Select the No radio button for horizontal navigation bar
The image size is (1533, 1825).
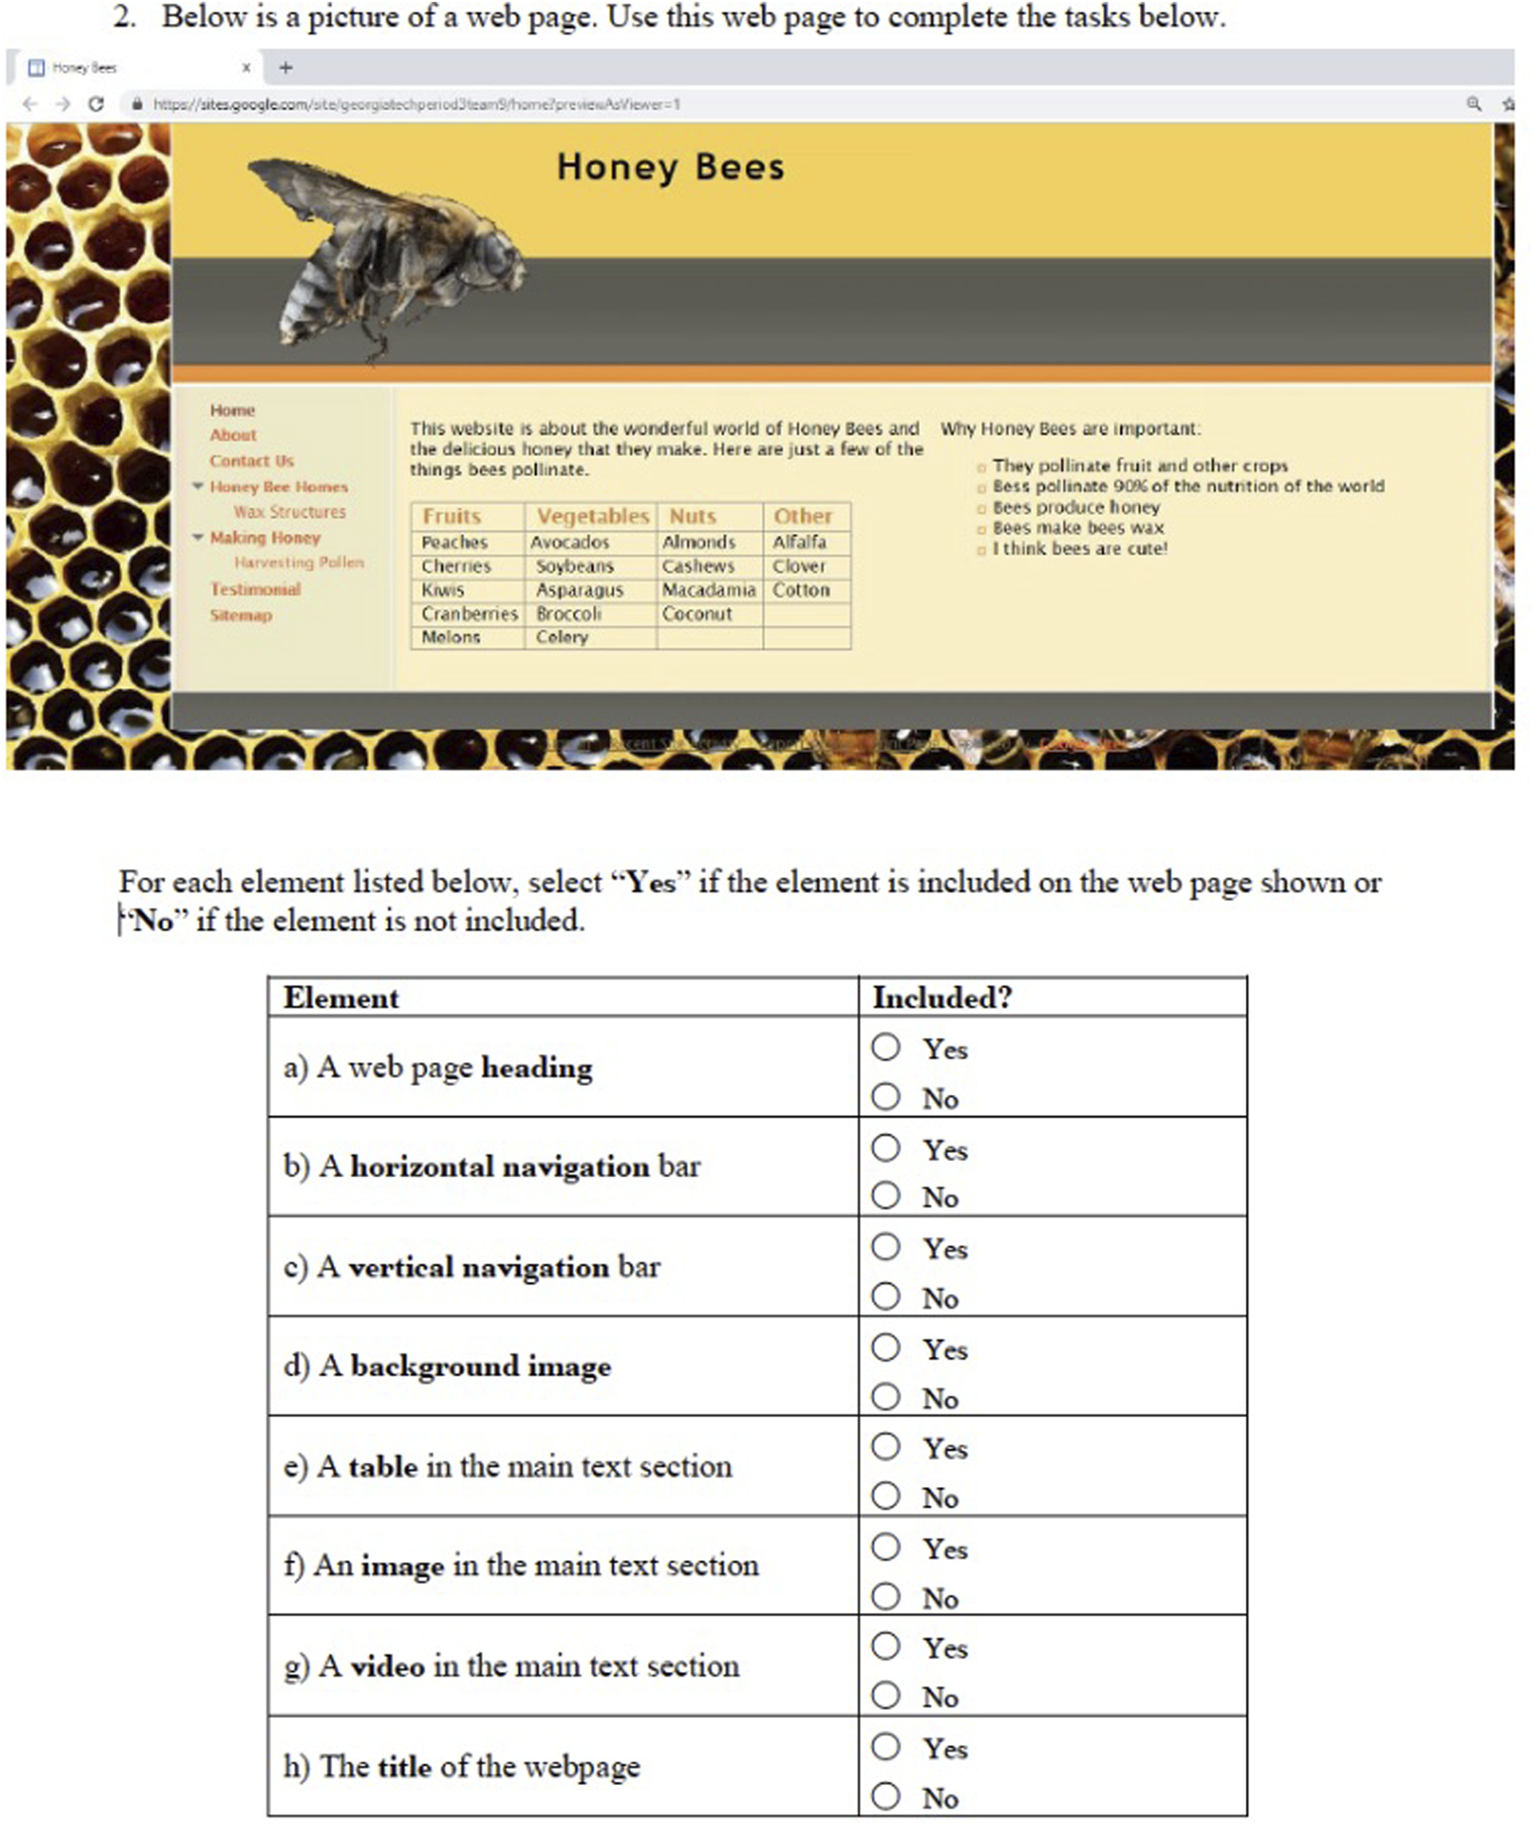point(886,1195)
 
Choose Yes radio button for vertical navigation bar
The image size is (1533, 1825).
point(886,1246)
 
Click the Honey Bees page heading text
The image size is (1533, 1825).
point(670,167)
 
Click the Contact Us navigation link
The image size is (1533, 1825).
point(251,461)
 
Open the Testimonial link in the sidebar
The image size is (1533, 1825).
point(254,589)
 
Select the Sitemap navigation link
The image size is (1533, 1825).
point(241,615)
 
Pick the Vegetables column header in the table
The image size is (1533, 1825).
point(593,516)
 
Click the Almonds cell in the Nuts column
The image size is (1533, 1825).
point(699,542)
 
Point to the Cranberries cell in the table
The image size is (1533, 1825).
point(469,613)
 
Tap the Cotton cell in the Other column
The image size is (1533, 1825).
point(801,590)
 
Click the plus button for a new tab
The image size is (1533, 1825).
point(285,67)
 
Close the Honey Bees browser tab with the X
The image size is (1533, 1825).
point(246,67)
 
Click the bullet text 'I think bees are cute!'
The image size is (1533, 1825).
point(1080,549)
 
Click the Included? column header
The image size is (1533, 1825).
point(942,997)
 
